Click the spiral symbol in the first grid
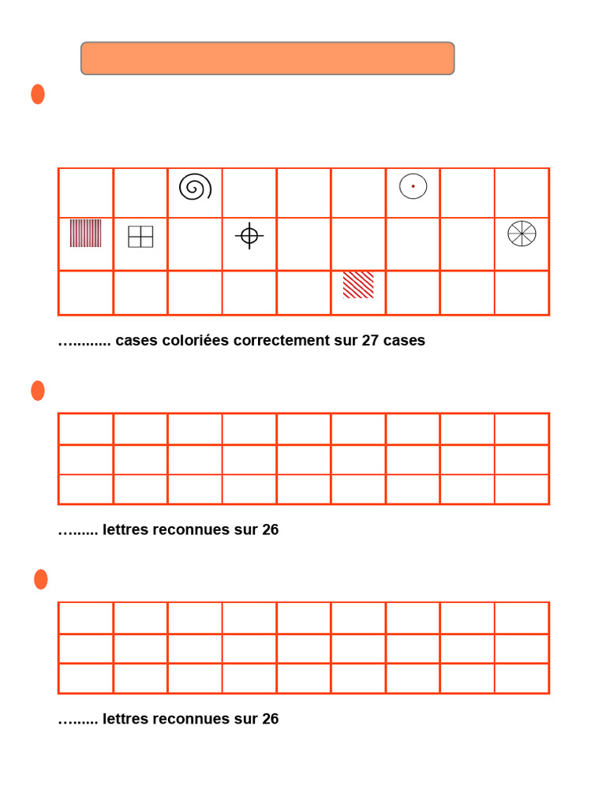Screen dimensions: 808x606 click(195, 187)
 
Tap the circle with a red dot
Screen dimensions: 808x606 click(413, 186)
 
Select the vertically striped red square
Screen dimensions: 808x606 click(85, 234)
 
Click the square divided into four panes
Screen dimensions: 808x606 click(140, 237)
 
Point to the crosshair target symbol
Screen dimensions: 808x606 click(249, 235)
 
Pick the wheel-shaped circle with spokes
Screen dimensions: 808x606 click(522, 234)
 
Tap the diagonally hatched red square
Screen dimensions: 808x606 click(358, 285)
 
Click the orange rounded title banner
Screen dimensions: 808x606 click(267, 58)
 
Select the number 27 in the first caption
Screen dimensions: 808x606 click(371, 341)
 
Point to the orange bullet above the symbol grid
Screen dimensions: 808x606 click(38, 95)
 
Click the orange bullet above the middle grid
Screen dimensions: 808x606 click(38, 391)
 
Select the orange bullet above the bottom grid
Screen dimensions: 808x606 click(41, 579)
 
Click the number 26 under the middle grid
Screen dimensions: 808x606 click(270, 530)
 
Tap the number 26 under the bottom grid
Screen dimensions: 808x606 click(270, 720)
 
